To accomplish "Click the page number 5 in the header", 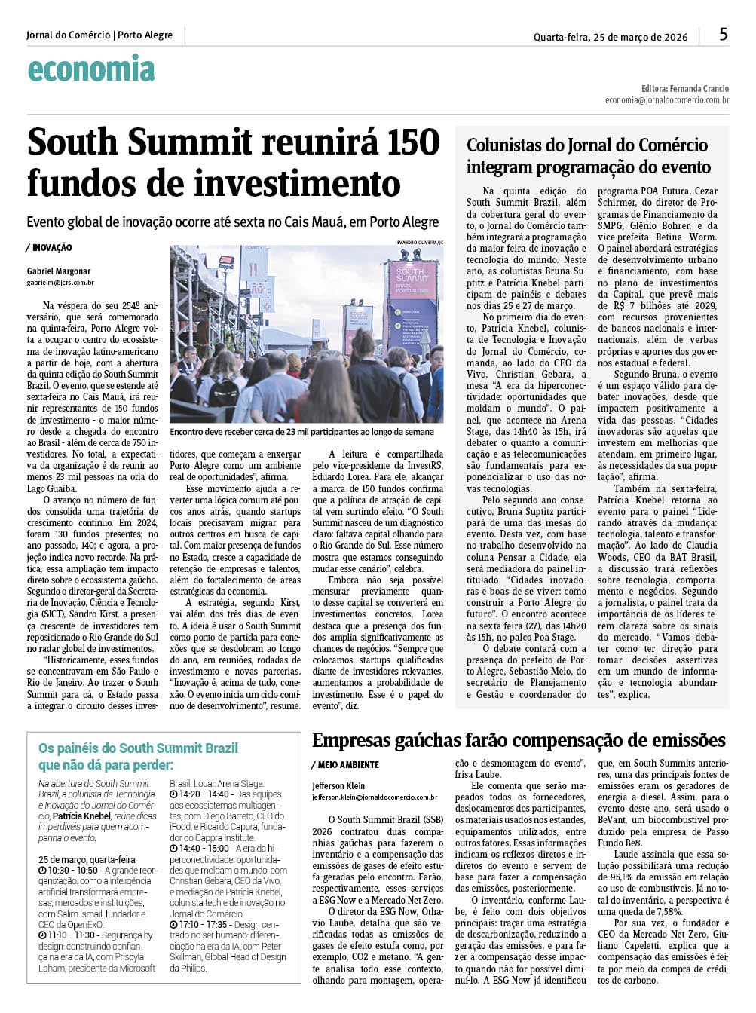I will coord(724,34).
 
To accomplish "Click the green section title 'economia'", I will coord(91,69).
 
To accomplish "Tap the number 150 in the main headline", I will coord(406,142).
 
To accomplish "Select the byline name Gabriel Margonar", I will coord(59,271).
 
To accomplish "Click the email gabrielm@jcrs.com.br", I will coord(60,283).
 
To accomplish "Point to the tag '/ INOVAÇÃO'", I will coord(49,247).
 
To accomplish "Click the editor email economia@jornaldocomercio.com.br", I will coord(666,100).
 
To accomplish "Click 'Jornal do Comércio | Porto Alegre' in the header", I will coord(99,35).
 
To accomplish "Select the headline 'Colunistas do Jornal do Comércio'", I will coord(587,145).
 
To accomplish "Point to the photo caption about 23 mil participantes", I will coord(301,432).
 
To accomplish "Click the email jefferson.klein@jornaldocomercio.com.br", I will coord(375,797).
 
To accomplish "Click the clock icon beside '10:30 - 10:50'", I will coord(43,871).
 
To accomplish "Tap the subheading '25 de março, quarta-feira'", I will coord(87,859).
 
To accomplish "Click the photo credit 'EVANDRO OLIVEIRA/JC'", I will coord(420,242).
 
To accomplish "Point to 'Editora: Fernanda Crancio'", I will coord(685,89).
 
